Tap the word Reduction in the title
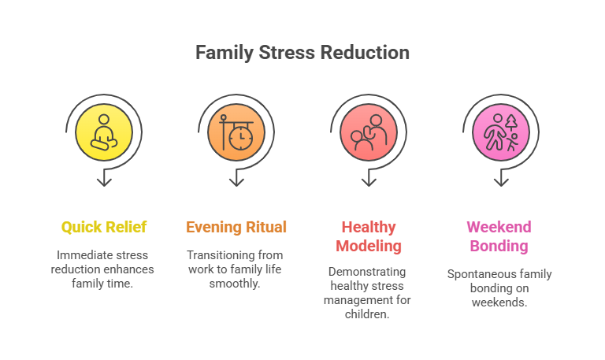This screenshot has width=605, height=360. (365, 53)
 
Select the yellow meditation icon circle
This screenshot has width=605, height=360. (104, 132)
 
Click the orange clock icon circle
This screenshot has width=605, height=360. (236, 132)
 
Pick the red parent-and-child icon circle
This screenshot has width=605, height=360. (369, 132)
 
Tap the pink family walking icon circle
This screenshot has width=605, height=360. (501, 132)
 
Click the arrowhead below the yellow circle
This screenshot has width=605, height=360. (104, 182)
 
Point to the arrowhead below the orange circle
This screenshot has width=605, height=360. (236, 182)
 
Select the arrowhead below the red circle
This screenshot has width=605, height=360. (369, 182)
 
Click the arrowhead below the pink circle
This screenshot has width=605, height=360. (501, 182)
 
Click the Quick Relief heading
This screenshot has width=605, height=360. (104, 228)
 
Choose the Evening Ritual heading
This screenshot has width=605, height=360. (236, 228)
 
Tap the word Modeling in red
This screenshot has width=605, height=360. (369, 247)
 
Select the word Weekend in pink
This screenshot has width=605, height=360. (499, 227)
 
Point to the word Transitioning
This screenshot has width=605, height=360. (219, 255)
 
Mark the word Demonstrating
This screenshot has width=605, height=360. (367, 272)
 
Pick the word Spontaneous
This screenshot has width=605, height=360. (476, 274)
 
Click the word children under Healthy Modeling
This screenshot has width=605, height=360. (367, 314)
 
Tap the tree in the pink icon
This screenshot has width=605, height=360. (510, 122)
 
